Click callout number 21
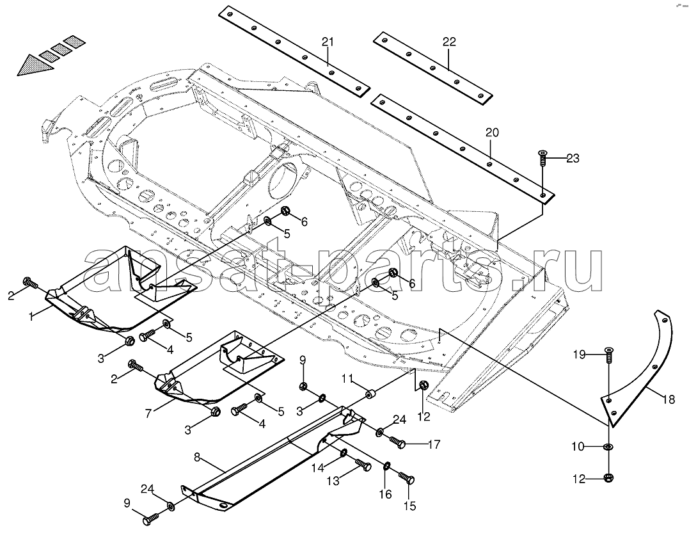(x=328, y=42)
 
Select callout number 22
(x=449, y=42)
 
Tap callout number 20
(x=492, y=132)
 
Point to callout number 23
(x=573, y=158)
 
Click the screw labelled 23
(x=542, y=157)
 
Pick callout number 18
(x=669, y=399)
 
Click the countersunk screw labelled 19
(x=608, y=355)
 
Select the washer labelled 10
(x=608, y=447)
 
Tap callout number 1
(x=31, y=316)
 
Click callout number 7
(x=148, y=413)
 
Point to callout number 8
(x=197, y=457)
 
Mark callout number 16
(x=385, y=494)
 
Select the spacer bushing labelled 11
(x=372, y=394)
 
